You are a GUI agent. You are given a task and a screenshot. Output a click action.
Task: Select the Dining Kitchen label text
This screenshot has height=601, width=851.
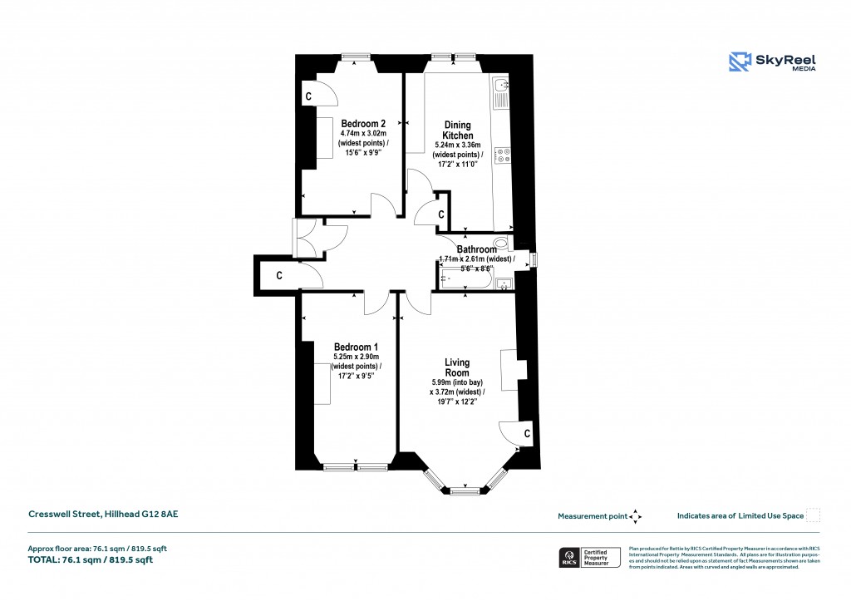click(457, 130)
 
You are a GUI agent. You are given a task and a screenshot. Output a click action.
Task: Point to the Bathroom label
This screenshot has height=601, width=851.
click(476, 249)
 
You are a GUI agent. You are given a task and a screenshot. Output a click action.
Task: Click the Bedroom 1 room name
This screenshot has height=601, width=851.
click(356, 347)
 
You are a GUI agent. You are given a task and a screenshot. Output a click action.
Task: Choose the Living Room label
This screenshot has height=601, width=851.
click(456, 367)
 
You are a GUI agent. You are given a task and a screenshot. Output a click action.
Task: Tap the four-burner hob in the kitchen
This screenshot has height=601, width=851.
click(502, 156)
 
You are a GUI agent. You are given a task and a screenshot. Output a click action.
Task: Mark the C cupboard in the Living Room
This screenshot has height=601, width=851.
click(527, 434)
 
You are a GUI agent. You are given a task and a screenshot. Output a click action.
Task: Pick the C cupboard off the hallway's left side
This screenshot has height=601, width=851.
click(279, 275)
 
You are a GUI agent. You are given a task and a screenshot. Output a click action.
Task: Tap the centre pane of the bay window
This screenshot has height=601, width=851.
click(465, 492)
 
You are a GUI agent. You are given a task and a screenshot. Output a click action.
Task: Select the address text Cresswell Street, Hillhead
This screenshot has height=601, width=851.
click(104, 515)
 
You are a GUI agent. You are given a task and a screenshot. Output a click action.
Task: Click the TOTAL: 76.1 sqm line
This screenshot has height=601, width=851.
click(91, 559)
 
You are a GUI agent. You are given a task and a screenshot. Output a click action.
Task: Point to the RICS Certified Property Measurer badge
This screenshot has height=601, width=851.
click(588, 557)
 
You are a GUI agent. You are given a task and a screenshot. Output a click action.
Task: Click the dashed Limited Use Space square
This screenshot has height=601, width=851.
click(814, 515)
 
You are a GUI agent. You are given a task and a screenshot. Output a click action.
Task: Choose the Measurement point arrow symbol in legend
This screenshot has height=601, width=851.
click(636, 516)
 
